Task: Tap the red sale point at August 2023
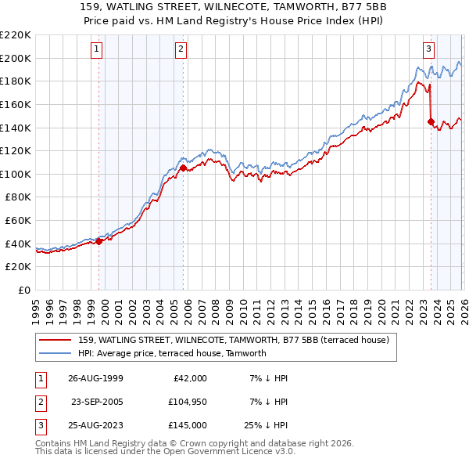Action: [x=431, y=121]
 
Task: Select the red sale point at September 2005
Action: [x=183, y=168]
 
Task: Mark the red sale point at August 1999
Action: [x=99, y=241]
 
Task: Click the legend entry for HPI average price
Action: [x=172, y=353]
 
